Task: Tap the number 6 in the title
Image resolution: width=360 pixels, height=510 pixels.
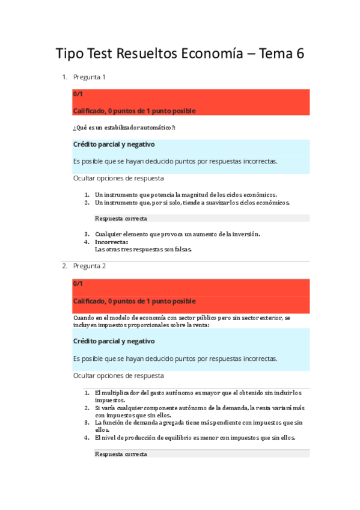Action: click(299, 54)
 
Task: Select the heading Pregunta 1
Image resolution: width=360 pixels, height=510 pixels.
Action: click(90, 77)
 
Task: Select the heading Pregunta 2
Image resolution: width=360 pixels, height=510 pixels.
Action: click(90, 266)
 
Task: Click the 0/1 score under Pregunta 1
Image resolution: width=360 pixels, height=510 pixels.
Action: click(78, 94)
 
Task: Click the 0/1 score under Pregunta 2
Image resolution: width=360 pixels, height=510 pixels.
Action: click(78, 283)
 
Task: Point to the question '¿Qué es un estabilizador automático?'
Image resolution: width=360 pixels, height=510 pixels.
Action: click(124, 127)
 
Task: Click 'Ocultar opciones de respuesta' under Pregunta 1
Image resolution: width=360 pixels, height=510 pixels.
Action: click(118, 178)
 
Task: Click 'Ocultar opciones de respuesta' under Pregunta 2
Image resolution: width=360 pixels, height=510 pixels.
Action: click(118, 375)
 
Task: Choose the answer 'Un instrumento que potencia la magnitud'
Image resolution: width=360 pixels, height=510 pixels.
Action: click(186, 195)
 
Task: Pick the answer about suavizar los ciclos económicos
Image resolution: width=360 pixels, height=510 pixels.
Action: click(192, 203)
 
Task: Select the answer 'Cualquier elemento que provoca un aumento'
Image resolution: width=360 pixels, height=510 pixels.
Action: click(177, 234)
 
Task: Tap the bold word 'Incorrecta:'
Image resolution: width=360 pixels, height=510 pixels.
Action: click(111, 242)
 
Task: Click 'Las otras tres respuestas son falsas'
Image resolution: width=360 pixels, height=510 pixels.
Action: click(143, 250)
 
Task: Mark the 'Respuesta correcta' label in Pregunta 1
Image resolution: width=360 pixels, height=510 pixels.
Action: click(121, 218)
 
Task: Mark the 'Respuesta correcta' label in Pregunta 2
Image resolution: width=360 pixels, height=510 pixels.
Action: click(121, 454)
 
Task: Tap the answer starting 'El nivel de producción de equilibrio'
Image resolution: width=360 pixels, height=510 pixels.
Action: click(195, 438)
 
